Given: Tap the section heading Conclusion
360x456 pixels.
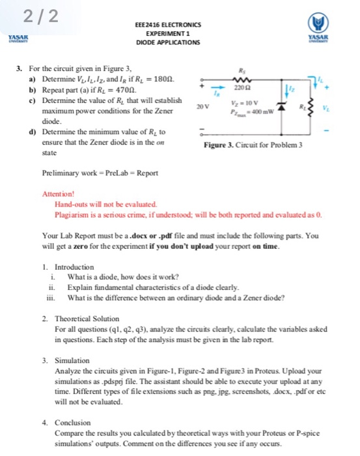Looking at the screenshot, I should tap(74, 422).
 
